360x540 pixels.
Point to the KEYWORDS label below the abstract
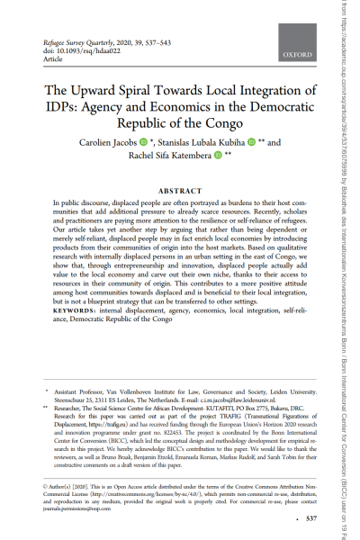point(78,310)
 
